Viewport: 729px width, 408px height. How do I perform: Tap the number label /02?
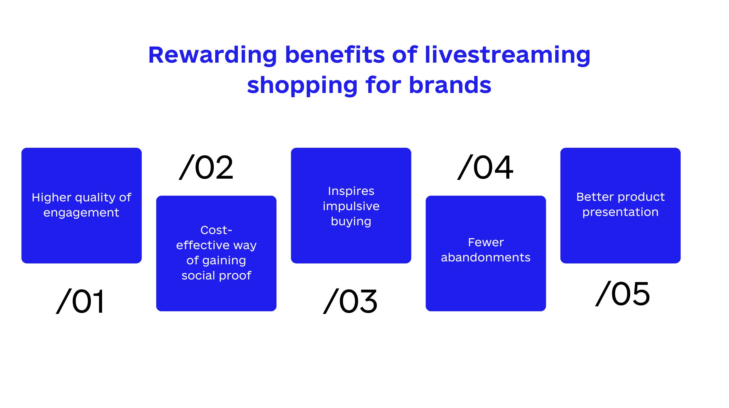(206, 167)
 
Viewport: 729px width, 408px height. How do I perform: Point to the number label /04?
(485, 167)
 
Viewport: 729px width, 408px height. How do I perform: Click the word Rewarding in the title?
(213, 55)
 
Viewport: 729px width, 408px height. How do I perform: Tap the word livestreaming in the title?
(508, 55)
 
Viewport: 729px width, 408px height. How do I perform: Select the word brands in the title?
(450, 85)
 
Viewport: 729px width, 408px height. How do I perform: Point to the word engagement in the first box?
(81, 213)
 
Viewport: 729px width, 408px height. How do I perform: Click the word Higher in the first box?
(51, 197)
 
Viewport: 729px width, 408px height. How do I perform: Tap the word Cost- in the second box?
(216, 230)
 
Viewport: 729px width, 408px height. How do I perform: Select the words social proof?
(216, 275)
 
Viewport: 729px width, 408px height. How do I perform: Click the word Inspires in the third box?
(351, 191)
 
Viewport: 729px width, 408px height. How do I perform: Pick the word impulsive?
(351, 206)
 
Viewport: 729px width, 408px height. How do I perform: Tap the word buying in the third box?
(351, 222)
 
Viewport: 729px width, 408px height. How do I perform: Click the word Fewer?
(486, 242)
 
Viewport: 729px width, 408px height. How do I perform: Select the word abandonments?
(486, 257)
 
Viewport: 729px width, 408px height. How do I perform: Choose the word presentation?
(621, 212)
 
